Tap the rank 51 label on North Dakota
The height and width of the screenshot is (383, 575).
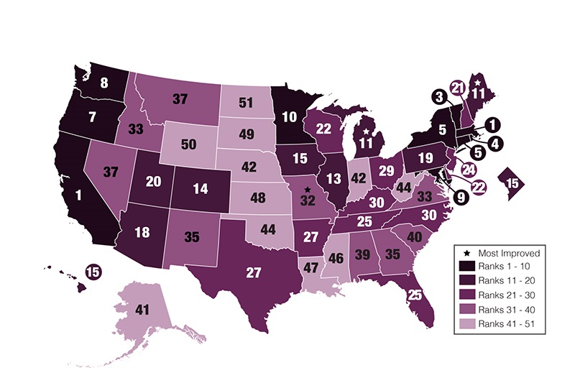pos(246,103)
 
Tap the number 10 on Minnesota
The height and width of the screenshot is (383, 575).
pos(289,116)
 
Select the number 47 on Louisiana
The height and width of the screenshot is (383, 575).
pos(311,268)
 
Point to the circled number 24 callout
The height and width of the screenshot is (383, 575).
pos(469,171)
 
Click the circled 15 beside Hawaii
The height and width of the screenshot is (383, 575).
pos(93,272)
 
